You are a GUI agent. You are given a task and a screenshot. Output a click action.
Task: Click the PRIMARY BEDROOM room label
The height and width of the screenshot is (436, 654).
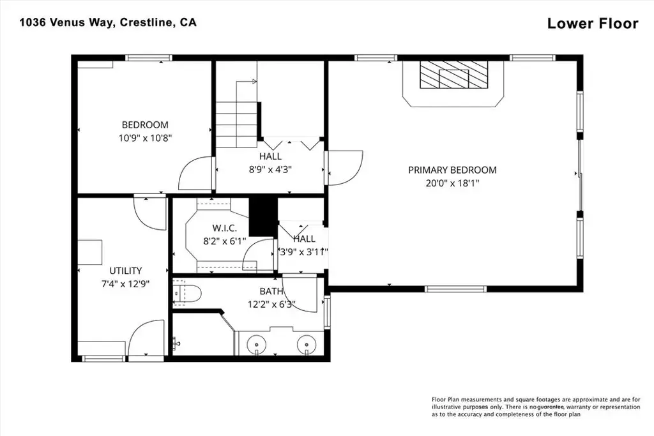coord(452,170)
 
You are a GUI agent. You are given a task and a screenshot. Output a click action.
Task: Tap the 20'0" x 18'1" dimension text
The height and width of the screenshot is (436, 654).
coord(453,183)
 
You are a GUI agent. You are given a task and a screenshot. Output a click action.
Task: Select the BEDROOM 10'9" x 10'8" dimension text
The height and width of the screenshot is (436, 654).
coord(145,138)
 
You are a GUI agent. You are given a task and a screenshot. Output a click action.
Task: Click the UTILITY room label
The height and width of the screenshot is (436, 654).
coord(126,271)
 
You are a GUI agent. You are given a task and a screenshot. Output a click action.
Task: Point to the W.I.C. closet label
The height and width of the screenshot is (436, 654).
coord(224,228)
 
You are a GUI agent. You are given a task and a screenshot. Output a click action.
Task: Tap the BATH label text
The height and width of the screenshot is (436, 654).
coord(271,291)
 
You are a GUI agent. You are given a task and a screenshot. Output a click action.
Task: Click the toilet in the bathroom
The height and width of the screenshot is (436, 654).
coord(187,294)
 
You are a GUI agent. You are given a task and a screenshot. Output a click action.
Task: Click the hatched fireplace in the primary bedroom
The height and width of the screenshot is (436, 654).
coord(453,75)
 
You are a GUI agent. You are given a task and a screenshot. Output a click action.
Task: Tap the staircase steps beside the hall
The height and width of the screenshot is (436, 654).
coord(236,124)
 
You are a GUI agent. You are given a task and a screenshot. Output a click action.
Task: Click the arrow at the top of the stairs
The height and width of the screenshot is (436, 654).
coord(246,82)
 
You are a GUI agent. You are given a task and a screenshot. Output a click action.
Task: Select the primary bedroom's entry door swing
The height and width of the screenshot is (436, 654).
coord(346,167)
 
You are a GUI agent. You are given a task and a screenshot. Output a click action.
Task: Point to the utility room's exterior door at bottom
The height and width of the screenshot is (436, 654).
coord(145,340)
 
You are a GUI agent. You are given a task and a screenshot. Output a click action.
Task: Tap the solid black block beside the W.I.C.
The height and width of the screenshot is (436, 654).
coord(263,217)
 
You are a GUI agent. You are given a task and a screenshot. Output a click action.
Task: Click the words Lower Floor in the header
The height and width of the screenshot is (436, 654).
coord(593,24)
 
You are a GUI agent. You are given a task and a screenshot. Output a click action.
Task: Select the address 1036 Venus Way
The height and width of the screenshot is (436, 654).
coord(66,22)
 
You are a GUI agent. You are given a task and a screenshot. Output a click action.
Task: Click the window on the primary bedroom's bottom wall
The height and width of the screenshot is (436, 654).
coord(456,289)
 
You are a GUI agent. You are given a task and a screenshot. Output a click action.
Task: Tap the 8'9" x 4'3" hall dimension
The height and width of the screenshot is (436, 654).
coord(270,170)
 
